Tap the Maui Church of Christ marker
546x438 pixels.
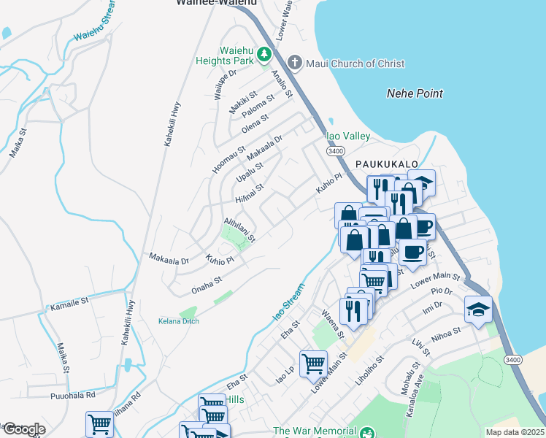[295, 64]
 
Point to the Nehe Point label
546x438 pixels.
[414, 93]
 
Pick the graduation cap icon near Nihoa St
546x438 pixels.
[478, 310]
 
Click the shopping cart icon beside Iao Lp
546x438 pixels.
[313, 363]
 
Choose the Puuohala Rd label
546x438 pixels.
[73, 395]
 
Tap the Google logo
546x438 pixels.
[23, 429]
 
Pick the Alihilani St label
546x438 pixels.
[239, 228]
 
